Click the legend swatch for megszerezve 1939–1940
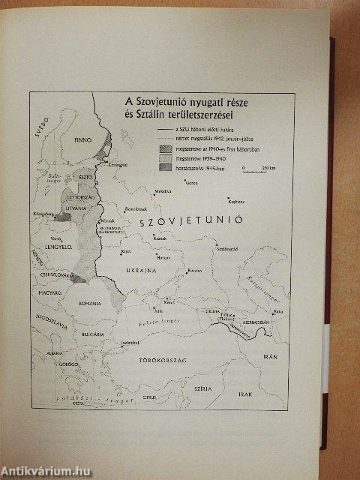point(164,158)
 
